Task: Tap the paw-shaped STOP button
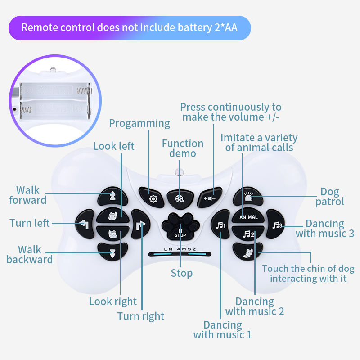pyautogui.click(x=180, y=225)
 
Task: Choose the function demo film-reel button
pyautogui.click(x=180, y=198)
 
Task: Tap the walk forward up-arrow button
pyautogui.click(x=112, y=195)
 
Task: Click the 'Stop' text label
pyautogui.click(x=182, y=273)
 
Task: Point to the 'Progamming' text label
pyautogui.click(x=139, y=123)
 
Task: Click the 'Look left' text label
pyautogui.click(x=114, y=146)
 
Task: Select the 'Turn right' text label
pyautogui.click(x=141, y=316)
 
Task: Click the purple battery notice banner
pyautogui.click(x=129, y=28)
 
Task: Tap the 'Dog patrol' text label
pyautogui.click(x=330, y=197)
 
